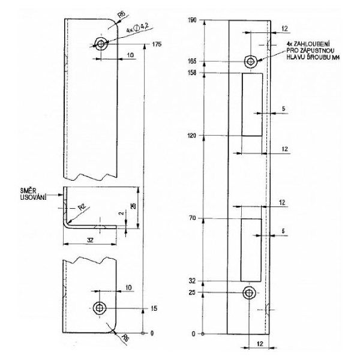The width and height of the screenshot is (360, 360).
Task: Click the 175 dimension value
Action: point(157,44)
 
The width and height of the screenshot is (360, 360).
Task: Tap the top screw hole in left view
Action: point(99,44)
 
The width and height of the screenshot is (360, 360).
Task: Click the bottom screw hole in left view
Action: point(99,307)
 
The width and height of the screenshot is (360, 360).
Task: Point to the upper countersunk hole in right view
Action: point(250,61)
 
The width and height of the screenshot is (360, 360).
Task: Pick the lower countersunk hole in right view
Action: point(248,292)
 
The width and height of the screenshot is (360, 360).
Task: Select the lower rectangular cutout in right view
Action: point(251,249)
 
